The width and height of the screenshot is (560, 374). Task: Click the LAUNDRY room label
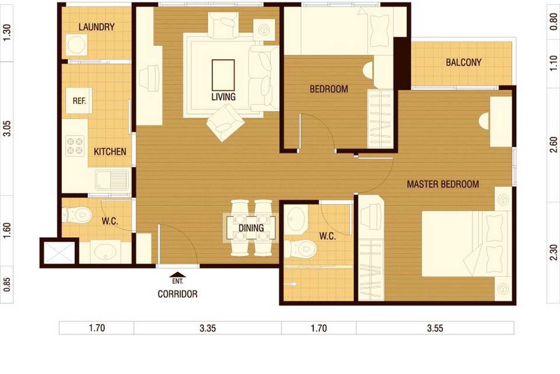point(96,27)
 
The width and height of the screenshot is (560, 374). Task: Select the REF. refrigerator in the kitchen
point(79,101)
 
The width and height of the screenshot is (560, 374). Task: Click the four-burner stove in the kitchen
point(75,146)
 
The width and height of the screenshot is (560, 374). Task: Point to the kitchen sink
point(112,180)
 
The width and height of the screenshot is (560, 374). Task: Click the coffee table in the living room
point(223,75)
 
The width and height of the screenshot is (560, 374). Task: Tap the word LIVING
point(223,97)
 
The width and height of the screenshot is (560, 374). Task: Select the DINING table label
point(251,228)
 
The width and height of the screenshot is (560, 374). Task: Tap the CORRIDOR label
point(177,294)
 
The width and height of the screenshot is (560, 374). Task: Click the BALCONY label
point(464,62)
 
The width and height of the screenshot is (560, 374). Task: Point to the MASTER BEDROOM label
point(443,184)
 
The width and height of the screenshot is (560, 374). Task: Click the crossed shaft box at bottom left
point(59,253)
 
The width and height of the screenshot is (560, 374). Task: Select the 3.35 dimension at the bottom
point(208,328)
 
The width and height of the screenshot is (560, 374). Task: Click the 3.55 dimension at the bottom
point(435,328)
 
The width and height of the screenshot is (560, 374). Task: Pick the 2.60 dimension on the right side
point(553,145)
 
